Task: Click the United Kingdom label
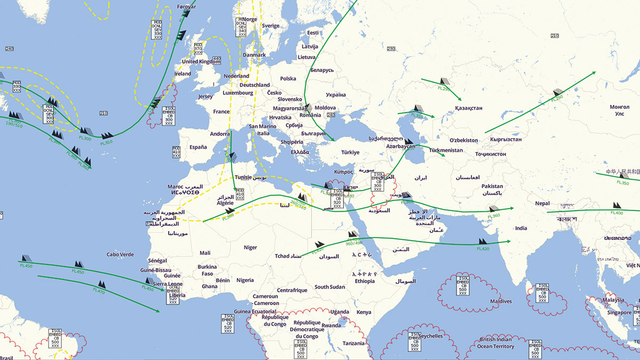201,61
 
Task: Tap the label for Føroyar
187,7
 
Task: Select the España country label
198,147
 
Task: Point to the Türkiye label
351,152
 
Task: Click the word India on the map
521,228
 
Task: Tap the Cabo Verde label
120,255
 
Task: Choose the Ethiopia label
365,281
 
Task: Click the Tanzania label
354,343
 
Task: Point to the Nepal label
542,204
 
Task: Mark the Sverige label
270,26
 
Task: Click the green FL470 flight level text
99,290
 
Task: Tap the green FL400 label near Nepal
617,213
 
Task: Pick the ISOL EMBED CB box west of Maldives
462,285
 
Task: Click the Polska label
288,79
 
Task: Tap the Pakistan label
492,186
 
